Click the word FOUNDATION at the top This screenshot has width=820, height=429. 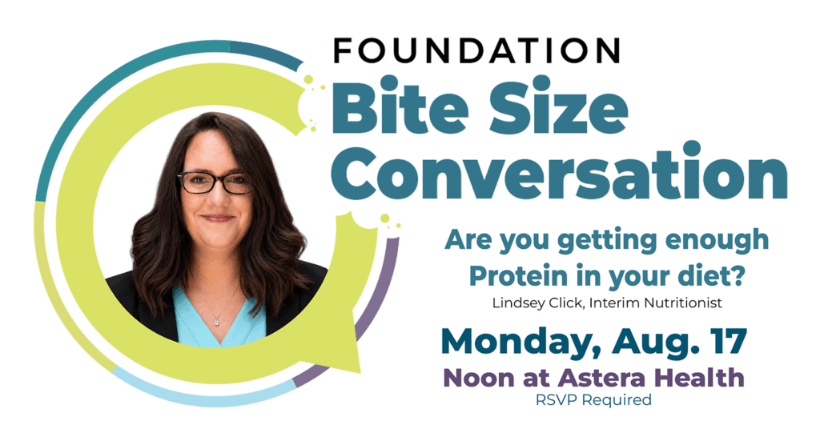coord(476,50)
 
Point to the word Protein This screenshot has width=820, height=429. coord(519,276)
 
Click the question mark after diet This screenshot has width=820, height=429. coord(738,276)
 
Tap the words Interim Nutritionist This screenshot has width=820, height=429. coord(655,303)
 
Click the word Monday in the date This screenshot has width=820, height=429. coord(523,343)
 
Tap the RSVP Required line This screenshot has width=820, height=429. coord(593,400)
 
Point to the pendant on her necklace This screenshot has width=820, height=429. coord(216,322)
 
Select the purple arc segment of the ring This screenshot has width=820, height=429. coord(366,325)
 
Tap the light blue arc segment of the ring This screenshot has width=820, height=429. coord(204,393)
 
